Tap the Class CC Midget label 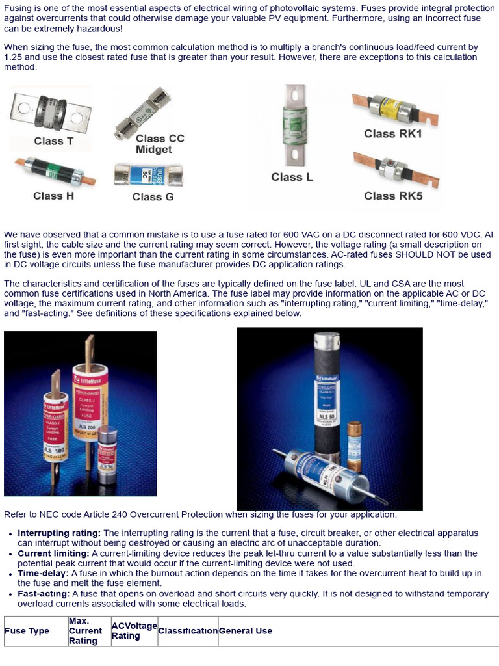pyautogui.click(x=160, y=144)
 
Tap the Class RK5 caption pyautogui.click(x=392, y=196)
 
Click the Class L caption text pyautogui.click(x=287, y=177)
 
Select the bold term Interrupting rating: pyautogui.click(x=59, y=533)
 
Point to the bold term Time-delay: pyautogui.click(x=43, y=574)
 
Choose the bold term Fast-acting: pyautogui.click(x=44, y=594)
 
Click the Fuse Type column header pyautogui.click(x=27, y=631)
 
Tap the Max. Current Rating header pyautogui.click(x=86, y=631)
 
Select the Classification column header pyautogui.click(x=188, y=631)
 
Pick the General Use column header pyautogui.click(x=246, y=631)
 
